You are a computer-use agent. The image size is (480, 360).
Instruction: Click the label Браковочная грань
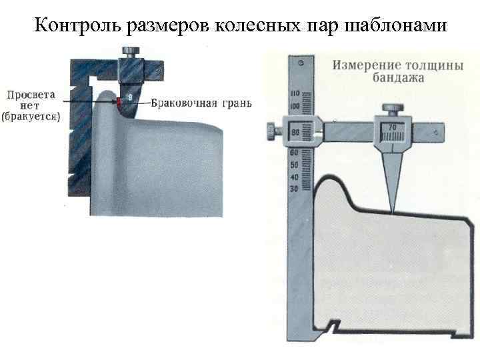[201, 103]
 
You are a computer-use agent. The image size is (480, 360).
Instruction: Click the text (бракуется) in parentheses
[31, 117]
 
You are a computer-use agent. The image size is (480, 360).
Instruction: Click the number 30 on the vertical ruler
[295, 189]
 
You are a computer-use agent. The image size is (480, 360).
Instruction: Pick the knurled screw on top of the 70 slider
[390, 107]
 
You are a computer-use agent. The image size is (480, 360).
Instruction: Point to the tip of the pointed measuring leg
[392, 213]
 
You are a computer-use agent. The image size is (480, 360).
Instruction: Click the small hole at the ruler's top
[301, 63]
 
